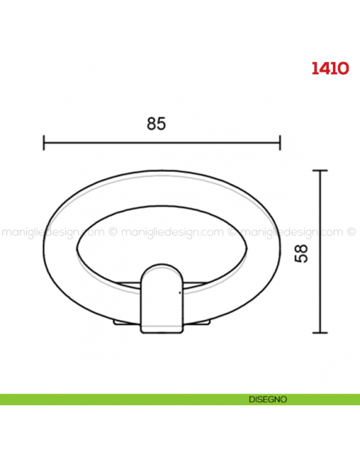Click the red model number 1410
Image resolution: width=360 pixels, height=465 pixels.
coord(330,68)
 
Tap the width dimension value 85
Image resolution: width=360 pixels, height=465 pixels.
coord(157,123)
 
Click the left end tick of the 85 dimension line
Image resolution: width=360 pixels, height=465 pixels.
coord(43,143)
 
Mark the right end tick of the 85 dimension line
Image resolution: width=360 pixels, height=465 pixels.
coord(280,143)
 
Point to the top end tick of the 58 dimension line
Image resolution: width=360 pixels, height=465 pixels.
coord(319,170)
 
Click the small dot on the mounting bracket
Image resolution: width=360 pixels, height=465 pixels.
coord(180,293)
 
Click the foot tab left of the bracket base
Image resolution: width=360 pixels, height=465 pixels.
coord(127,322)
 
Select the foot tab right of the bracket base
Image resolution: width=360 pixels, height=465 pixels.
coord(201,322)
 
